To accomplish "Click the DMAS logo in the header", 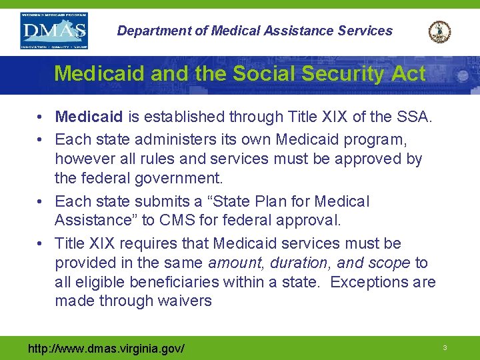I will click(54, 31).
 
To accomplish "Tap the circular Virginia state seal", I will click(439, 31).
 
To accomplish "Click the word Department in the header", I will click(149, 31).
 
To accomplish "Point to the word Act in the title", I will click(407, 73).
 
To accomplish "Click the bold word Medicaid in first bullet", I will click(89, 117).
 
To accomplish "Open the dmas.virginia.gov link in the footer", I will click(107, 348).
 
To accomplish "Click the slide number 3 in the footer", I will click(444, 348).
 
